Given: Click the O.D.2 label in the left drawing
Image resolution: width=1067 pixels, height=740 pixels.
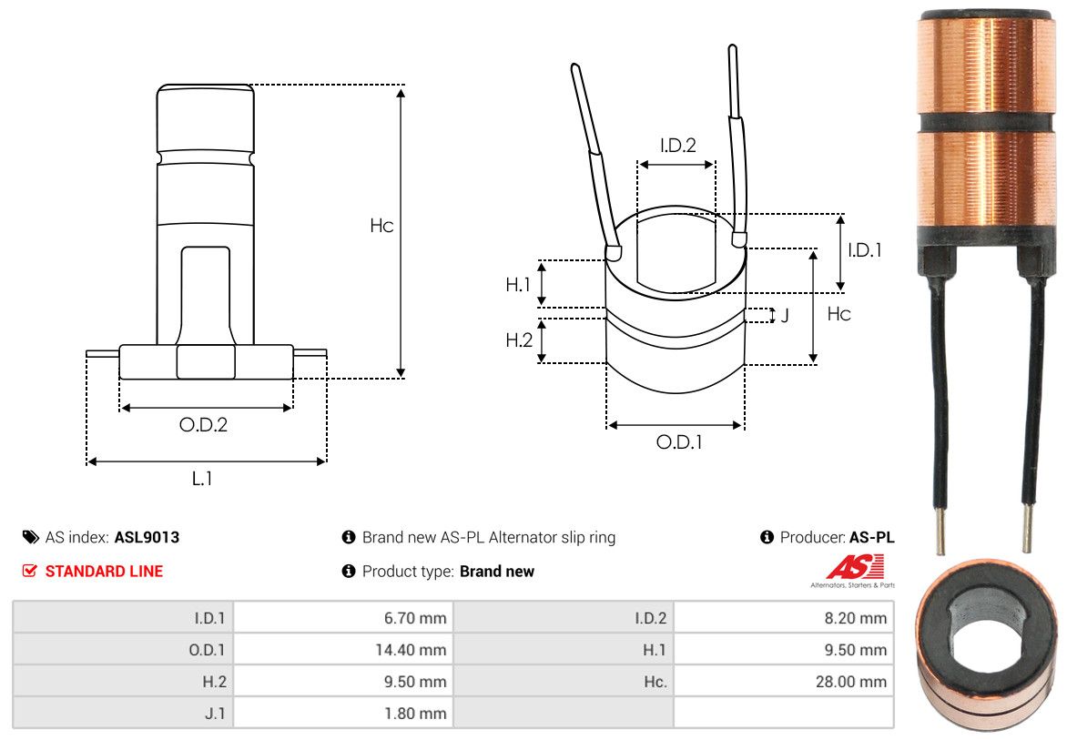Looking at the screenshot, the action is tap(203, 425).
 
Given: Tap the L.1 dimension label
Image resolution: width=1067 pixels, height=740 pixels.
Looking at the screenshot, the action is tap(202, 479).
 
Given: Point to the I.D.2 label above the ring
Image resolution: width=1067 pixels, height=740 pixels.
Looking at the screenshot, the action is tap(677, 145).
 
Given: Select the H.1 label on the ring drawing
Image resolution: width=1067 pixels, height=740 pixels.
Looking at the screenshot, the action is tap(518, 284).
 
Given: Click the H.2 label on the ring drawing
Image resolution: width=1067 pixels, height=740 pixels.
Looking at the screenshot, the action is tap(519, 340).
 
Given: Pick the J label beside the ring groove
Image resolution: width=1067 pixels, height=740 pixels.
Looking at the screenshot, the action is tap(786, 316).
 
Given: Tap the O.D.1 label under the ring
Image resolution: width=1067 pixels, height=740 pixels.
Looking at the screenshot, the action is tap(678, 442).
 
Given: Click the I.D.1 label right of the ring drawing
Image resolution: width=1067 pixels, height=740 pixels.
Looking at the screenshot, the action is tap(864, 250).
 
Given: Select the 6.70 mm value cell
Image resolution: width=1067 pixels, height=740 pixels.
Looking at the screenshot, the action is tap(415, 618).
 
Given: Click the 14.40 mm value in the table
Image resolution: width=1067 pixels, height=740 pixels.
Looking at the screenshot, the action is tap(411, 650).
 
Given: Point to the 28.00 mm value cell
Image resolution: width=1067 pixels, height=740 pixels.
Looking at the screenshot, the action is tap(851, 682).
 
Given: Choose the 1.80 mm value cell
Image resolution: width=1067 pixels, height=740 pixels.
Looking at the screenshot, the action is tap(415, 714).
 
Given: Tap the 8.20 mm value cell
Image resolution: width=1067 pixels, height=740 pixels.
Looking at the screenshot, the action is tap(856, 618).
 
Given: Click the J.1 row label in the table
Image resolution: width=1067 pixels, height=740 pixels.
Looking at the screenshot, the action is tap(215, 714).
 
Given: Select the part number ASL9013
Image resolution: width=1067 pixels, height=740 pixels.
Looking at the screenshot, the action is tap(147, 537).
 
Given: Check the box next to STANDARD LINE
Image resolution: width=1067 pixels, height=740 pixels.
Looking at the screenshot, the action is tap(29, 571).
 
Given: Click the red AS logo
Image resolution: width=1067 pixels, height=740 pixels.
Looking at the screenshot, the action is tap(856, 566).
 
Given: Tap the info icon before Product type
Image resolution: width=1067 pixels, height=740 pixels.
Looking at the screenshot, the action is tap(349, 571).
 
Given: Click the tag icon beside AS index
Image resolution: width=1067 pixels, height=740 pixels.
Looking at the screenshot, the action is tap(31, 537).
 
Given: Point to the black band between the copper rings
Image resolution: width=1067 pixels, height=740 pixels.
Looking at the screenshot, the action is tap(985, 123).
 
